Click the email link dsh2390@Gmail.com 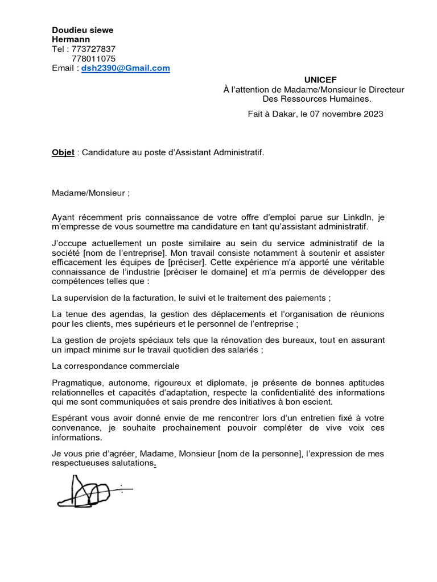click(125, 68)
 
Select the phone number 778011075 click(93, 59)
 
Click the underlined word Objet click(63, 153)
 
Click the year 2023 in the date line click(372, 114)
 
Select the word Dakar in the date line click(284, 114)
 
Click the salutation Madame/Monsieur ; click(91, 193)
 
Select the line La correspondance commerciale click(116, 365)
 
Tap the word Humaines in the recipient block click(346, 99)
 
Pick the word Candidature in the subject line click(106, 153)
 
